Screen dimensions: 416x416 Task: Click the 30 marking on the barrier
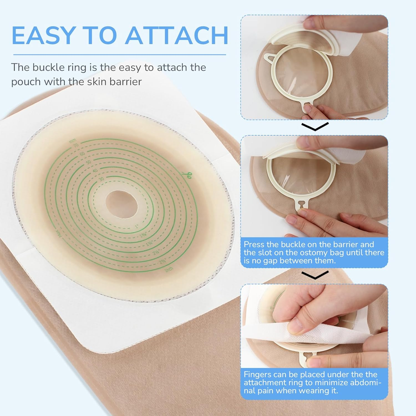pyautogui.click(x=101, y=179)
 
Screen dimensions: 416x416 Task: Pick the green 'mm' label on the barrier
pyautogui.click(x=72, y=141)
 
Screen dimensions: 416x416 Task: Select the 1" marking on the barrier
pyautogui.click(x=136, y=226)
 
